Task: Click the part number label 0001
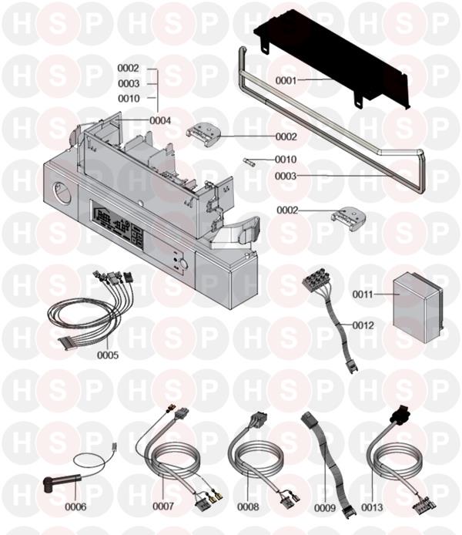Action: point(286,80)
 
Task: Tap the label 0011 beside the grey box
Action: point(363,294)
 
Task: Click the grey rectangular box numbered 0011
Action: point(418,308)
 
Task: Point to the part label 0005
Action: point(108,355)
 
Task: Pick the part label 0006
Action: point(75,507)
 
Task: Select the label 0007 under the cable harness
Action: point(163,506)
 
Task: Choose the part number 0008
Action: point(248,507)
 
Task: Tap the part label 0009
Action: point(325,508)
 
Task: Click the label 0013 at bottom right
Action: point(372,507)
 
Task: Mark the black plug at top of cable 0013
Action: point(400,414)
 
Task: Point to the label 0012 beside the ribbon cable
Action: point(363,325)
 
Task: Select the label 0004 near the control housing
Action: point(160,120)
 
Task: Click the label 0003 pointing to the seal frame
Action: point(286,176)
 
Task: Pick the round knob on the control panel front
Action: point(183,264)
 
